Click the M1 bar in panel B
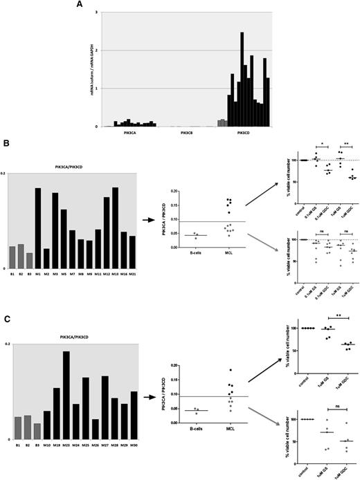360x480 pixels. pos(39,228)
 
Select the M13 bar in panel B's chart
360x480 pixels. pos(116,228)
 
